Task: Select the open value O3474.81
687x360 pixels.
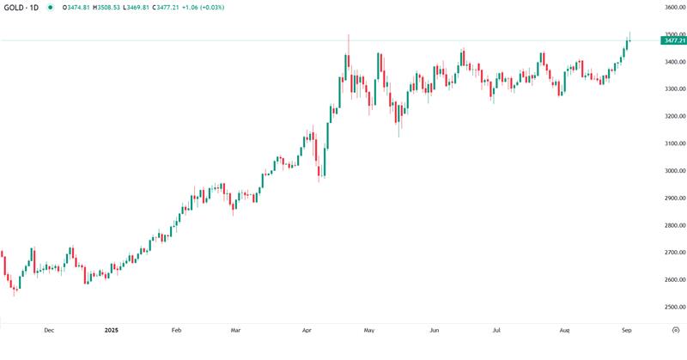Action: pyautogui.click(x=76, y=7)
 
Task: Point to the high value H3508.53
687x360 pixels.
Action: pyautogui.click(x=106, y=7)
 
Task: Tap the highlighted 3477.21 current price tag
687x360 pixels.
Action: pyautogui.click(x=673, y=40)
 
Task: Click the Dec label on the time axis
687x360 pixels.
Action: pyautogui.click(x=49, y=329)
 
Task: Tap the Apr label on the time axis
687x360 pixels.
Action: pyautogui.click(x=307, y=329)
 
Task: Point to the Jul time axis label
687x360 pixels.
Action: pyautogui.click(x=497, y=329)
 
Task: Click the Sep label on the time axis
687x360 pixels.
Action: pyautogui.click(x=626, y=329)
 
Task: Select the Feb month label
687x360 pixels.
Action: pyautogui.click(x=176, y=329)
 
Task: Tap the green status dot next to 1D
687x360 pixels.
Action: pyautogui.click(x=51, y=7)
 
